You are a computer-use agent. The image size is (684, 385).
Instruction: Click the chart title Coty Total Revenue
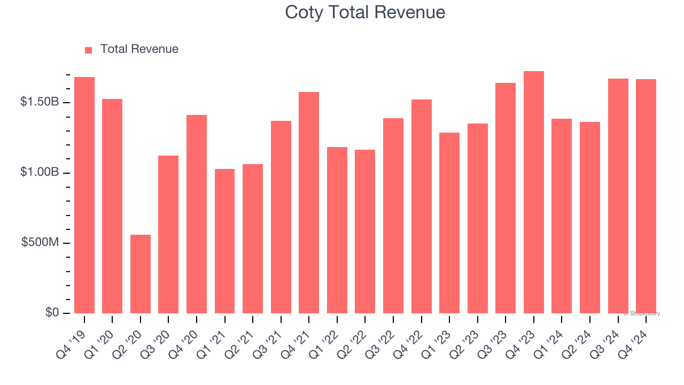click(365, 12)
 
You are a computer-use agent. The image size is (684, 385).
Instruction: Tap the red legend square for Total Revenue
click(89, 50)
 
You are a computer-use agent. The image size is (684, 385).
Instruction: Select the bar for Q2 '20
click(141, 274)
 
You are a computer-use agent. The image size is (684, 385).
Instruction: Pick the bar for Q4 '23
click(534, 192)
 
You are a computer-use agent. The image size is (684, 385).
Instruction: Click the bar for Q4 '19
click(84, 195)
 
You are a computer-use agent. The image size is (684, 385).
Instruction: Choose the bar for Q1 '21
click(224, 241)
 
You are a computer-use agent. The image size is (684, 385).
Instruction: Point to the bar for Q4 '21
click(309, 203)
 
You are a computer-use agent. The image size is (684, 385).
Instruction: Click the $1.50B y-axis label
click(40, 102)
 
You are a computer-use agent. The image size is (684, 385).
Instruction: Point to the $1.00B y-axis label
click(40, 173)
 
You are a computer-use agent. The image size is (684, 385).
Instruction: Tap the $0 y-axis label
click(51, 313)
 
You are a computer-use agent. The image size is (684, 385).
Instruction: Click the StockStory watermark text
click(642, 313)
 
